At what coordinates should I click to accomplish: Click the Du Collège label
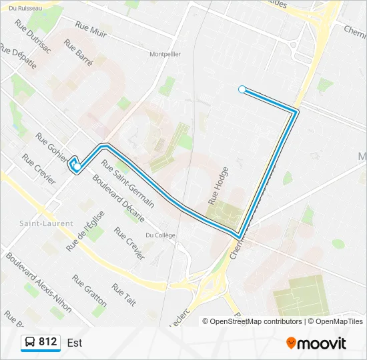pos(160,235)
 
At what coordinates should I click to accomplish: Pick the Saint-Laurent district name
pos(45,223)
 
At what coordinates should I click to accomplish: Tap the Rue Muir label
pos(91,29)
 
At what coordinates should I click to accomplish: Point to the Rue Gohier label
pos(52,148)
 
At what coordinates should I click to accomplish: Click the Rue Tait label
pos(124,295)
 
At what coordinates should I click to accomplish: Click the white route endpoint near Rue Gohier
pos(77,167)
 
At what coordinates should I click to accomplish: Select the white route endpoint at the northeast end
pos(242,89)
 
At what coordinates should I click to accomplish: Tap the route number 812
pos(48,342)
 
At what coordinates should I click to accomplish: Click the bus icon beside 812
pos(30,343)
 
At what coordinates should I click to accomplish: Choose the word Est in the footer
pos(75,343)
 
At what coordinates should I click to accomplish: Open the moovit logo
pos(316,343)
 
